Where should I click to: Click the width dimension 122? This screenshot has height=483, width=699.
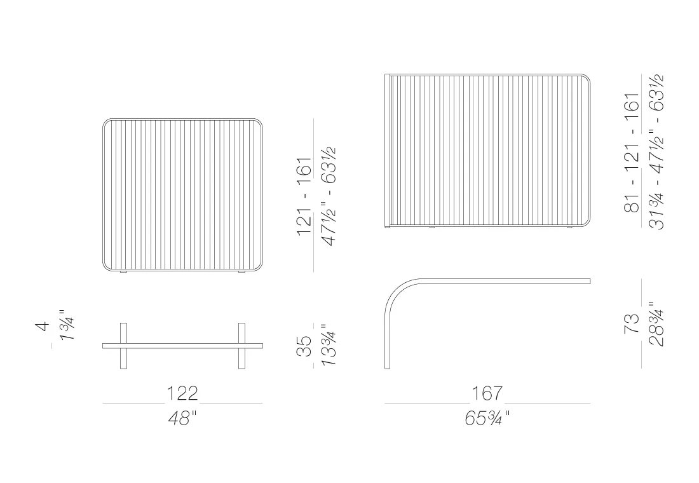click(182, 393)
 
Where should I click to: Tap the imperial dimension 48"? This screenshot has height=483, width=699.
click(182, 419)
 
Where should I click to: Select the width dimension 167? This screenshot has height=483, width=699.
click(487, 393)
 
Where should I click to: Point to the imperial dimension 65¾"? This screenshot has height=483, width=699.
click(487, 419)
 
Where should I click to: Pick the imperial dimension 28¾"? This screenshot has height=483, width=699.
click(656, 324)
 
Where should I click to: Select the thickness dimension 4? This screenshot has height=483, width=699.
click(43, 326)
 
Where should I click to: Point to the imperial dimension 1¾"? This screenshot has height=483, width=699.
click(65, 325)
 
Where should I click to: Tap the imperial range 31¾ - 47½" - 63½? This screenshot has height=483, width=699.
click(656, 152)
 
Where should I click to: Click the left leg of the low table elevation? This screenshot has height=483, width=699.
click(124, 346)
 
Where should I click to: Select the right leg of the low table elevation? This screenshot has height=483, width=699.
click(241, 346)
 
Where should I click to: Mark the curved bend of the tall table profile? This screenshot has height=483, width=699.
click(398, 292)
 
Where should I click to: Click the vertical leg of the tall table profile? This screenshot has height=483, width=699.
click(387, 343)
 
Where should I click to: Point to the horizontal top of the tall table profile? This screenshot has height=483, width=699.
click(508, 281)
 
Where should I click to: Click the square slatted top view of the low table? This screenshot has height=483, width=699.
click(183, 194)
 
